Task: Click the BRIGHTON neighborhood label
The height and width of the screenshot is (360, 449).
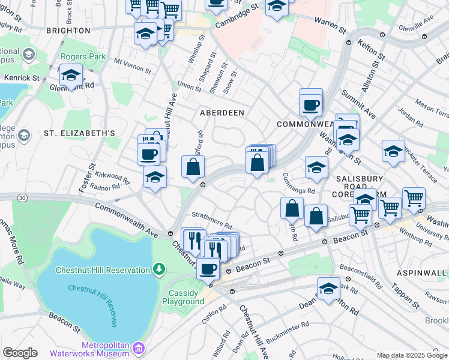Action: pos(67,30)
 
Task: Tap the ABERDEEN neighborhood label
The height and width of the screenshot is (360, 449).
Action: pos(222,113)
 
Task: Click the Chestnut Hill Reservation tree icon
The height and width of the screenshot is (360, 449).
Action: pos(158,269)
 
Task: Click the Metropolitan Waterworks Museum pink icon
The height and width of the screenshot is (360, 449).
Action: pos(138,347)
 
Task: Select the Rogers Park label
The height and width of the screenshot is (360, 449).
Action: pos(83,58)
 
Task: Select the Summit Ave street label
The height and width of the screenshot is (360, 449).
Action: pos(357,103)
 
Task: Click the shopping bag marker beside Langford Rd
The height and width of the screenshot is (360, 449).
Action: pos(193,167)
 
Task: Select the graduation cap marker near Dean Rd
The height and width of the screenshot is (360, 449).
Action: pos(328,289)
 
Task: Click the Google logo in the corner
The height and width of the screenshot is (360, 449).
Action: pos(20,353)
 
